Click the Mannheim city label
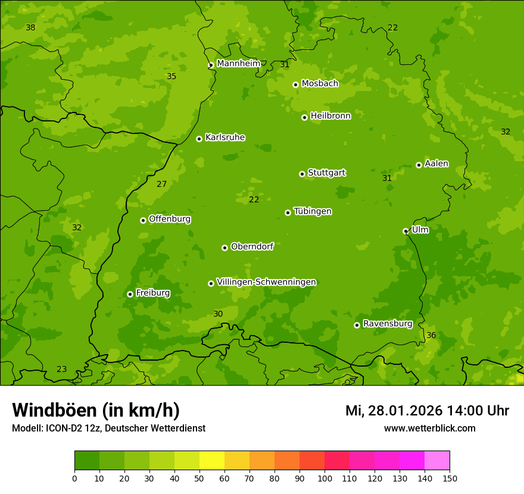pyautogui.click(x=238, y=64)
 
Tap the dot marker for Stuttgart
pyautogui.click(x=302, y=174)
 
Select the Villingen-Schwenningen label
pyautogui.click(x=266, y=282)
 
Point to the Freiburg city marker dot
pyautogui.click(x=130, y=294)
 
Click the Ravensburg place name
pyautogui.click(x=387, y=324)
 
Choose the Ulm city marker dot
pyautogui.click(x=406, y=231)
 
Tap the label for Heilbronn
pyautogui.click(x=330, y=116)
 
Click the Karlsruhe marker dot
pyautogui.click(x=199, y=139)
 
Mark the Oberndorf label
pyautogui.click(x=252, y=246)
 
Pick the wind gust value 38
pyautogui.click(x=30, y=28)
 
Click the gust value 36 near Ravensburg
pyautogui.click(x=431, y=336)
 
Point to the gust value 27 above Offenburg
pyautogui.click(x=161, y=184)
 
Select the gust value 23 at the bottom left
pyautogui.click(x=61, y=370)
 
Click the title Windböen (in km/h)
pyautogui.click(x=96, y=410)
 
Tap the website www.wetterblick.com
pyautogui.click(x=429, y=429)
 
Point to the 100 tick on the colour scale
pyautogui.click(x=325, y=478)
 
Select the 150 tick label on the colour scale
pyautogui.click(x=450, y=478)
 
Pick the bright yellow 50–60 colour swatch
pyautogui.click(x=212, y=461)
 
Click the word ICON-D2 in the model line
pyautogui.click(x=63, y=429)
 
